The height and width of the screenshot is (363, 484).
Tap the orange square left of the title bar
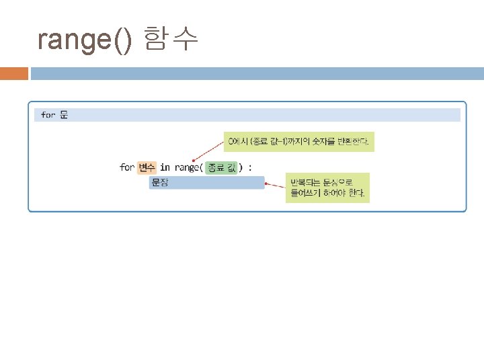14,73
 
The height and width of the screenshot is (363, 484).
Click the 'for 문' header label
54,115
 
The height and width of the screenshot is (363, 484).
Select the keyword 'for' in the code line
126,167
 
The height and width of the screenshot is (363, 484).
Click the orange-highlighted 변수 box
147,167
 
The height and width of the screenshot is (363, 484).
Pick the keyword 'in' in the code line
165,167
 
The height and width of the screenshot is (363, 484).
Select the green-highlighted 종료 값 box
221,167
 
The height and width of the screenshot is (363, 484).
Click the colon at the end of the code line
250,167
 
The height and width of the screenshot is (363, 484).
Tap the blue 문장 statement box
207,182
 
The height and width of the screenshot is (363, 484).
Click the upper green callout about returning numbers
299,142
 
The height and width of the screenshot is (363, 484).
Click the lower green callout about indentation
328,188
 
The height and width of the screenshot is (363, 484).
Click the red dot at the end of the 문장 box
266,182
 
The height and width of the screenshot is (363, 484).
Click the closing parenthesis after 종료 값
241,167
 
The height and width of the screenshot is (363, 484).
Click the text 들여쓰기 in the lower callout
305,194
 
